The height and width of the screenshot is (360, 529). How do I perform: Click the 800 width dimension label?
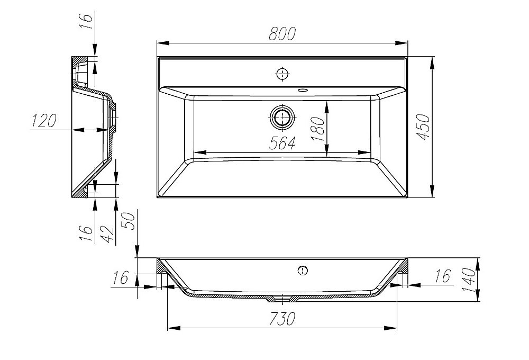point(282,34)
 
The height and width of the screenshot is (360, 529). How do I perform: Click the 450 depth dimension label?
point(423,127)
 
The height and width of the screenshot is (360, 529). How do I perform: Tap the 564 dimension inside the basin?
point(282,143)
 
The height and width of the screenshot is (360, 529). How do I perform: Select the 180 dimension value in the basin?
point(317,129)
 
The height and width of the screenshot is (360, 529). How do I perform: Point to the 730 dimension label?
point(282,319)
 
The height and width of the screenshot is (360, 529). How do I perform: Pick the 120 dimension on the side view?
point(43,121)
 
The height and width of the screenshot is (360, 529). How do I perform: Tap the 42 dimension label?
point(107,234)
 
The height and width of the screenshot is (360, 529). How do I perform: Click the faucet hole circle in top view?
point(282,74)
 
